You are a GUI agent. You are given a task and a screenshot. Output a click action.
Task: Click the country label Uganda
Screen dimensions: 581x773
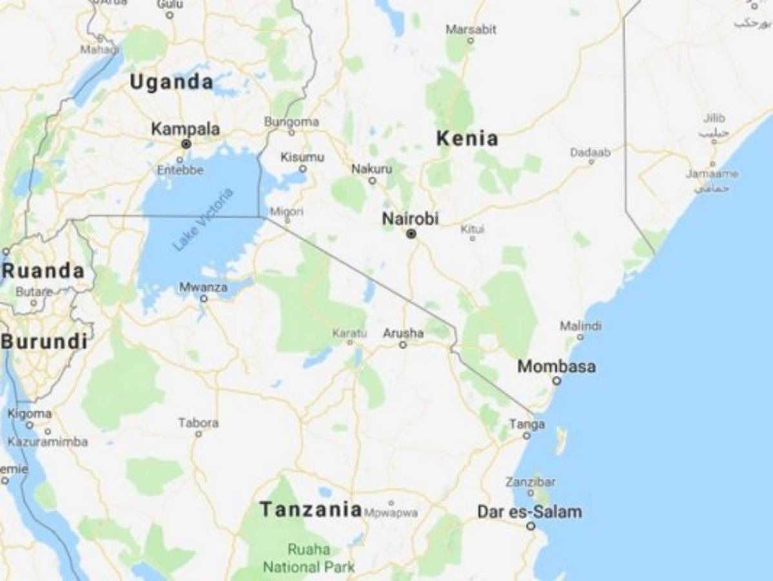point(171,82)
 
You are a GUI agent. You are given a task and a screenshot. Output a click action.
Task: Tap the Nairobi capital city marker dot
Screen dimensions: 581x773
point(411,234)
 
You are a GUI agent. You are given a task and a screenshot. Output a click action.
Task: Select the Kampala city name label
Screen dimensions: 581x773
point(185,129)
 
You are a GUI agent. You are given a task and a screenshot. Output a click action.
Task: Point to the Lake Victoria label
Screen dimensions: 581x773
point(201,219)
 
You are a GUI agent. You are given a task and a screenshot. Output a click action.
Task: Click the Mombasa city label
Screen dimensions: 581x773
point(556,367)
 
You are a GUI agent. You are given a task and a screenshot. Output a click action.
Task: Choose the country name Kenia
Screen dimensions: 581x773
point(467,138)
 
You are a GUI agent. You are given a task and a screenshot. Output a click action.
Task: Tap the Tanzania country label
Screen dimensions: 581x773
point(311,509)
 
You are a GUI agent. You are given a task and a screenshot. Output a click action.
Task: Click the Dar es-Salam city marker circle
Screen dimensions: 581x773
point(531,526)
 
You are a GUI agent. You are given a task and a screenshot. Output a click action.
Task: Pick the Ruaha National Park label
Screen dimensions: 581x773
point(309,558)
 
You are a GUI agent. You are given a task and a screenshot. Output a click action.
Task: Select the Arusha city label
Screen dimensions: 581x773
point(403,333)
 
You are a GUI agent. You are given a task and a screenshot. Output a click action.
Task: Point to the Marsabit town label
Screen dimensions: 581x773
point(471,29)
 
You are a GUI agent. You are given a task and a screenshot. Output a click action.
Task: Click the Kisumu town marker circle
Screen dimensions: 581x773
point(303,169)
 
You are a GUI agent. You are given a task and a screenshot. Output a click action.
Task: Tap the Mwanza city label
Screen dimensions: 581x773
point(203,287)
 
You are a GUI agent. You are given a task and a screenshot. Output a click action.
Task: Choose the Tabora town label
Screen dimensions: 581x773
point(198,423)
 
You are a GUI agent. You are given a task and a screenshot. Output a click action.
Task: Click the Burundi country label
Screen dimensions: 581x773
point(44,341)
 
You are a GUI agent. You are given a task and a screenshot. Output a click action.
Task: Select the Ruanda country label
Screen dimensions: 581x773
point(43,271)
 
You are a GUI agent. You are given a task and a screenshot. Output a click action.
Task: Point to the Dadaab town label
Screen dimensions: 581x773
point(590,152)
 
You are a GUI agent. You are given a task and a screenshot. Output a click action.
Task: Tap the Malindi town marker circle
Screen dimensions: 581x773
point(580,337)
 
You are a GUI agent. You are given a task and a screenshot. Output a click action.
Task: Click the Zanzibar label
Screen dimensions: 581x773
point(530,482)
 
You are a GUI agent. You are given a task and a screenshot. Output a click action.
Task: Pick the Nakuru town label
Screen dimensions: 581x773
point(371,169)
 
